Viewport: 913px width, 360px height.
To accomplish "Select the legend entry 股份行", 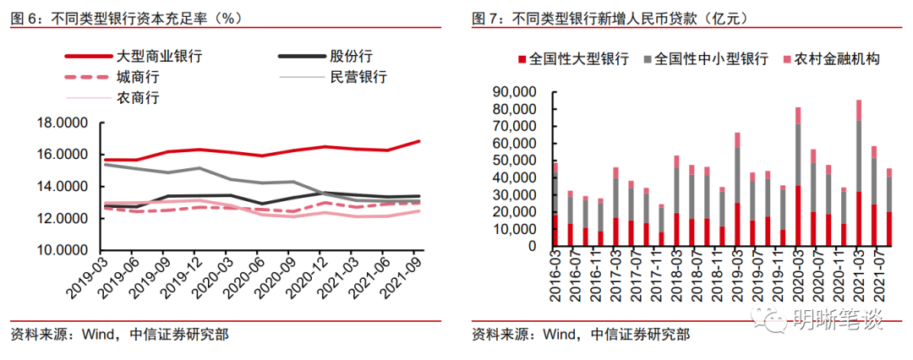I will pos(351,57).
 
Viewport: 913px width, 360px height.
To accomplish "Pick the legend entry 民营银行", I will pos(358,77).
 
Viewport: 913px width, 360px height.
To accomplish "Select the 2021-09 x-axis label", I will pos(405,275).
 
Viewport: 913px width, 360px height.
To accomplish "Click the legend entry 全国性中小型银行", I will pos(711,59).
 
